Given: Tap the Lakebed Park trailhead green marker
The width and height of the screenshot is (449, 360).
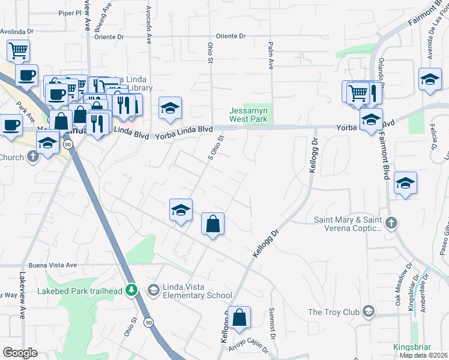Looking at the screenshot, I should coord(133,291).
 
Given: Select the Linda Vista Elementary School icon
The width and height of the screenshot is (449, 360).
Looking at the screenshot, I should coord(154,290).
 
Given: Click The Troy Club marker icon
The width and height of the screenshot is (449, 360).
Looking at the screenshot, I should coord(367,311).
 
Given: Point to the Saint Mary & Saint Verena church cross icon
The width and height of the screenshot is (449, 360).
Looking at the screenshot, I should coord(391,224).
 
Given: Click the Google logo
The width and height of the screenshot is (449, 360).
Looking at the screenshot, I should coord(20,353).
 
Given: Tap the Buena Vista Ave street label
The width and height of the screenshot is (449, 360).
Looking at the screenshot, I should coord(53,265).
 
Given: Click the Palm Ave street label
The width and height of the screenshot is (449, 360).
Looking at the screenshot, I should coord(271,58).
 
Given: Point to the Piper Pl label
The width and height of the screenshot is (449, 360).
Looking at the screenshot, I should coord(70,13).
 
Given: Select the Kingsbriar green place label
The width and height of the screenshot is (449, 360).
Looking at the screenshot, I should coord(412,347).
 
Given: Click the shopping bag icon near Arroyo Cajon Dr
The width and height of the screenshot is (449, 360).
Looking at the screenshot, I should coord(239,317).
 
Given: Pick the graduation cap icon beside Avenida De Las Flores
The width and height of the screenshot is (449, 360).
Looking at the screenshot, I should coord(430,79).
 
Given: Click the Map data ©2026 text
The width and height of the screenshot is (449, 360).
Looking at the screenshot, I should coord(424,355).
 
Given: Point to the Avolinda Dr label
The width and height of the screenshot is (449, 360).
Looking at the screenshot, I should coord(19,32).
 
